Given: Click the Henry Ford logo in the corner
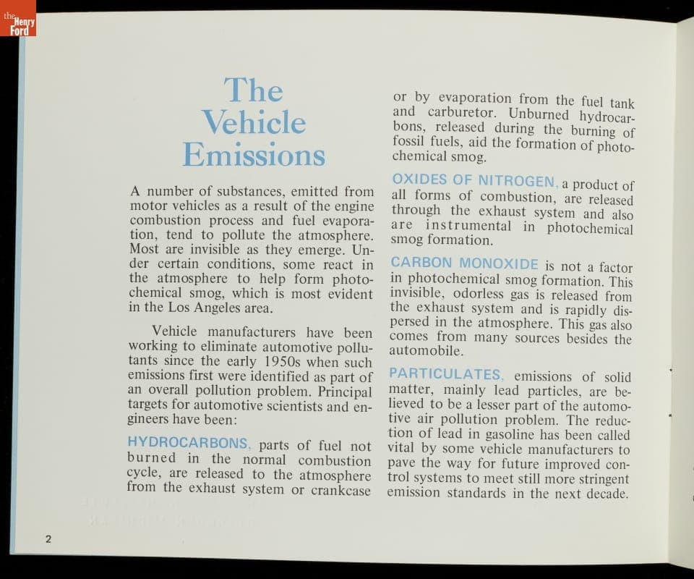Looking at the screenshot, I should [18, 23].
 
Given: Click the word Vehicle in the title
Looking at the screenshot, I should [254, 122].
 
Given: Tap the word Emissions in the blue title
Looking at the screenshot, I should [254, 154].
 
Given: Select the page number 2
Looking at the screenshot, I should [48, 538].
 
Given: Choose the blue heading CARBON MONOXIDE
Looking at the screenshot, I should [465, 263].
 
